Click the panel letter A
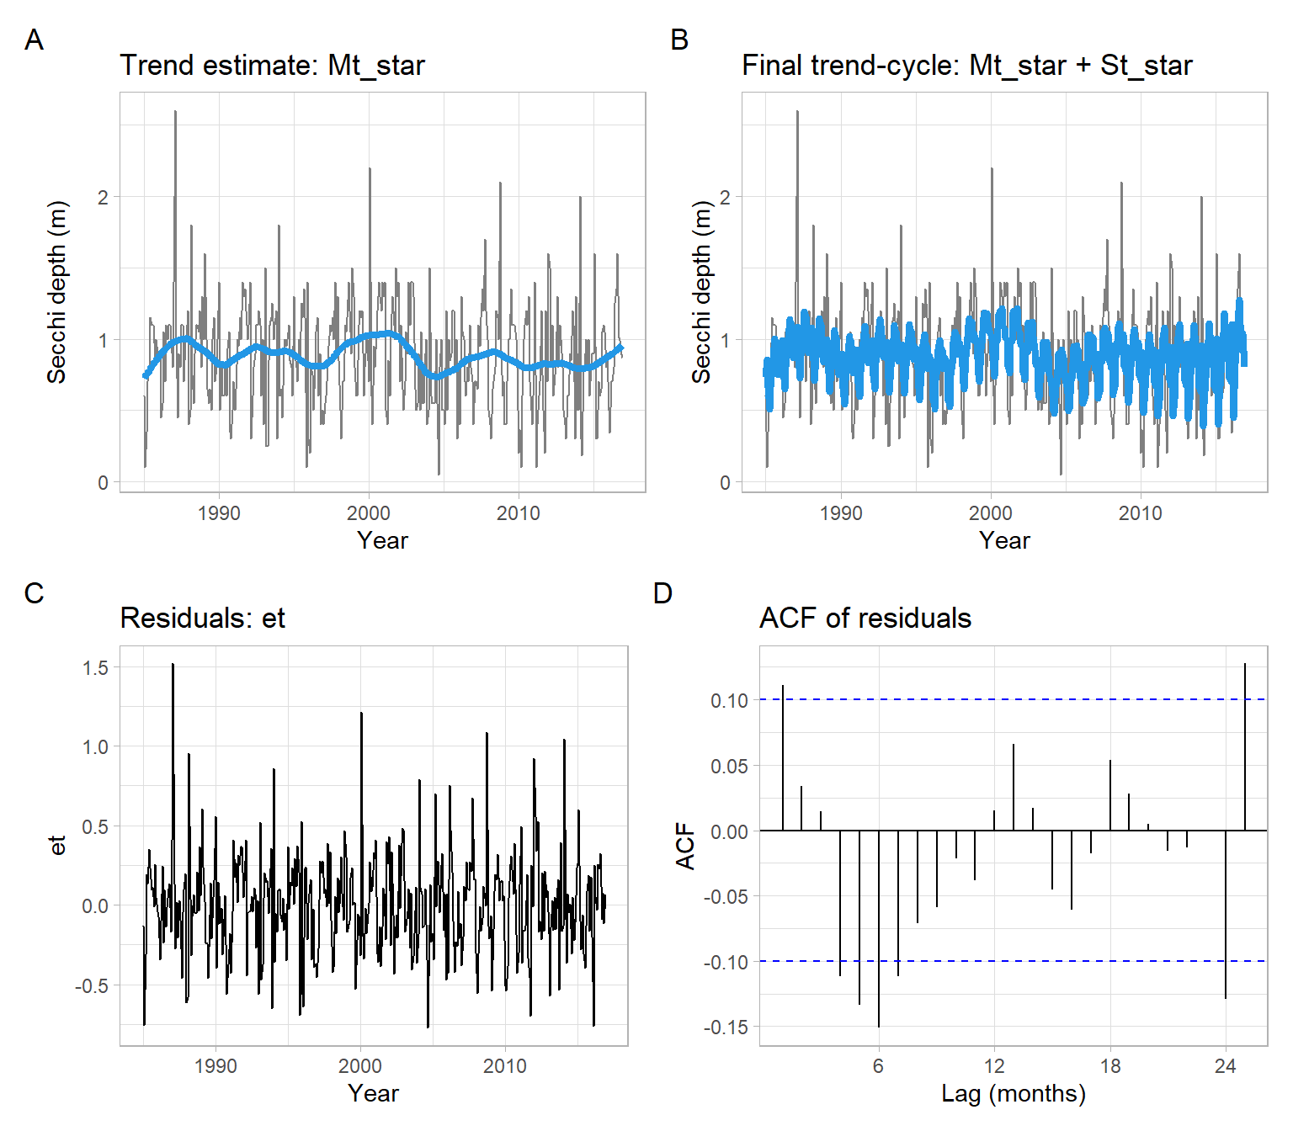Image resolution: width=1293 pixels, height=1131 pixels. click(x=34, y=40)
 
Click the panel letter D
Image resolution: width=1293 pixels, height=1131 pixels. click(x=662, y=593)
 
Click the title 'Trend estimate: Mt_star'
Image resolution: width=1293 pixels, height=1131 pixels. click(x=272, y=66)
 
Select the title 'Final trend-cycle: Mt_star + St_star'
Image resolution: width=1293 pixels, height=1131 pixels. click(x=966, y=66)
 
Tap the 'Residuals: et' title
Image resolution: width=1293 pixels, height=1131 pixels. click(x=202, y=619)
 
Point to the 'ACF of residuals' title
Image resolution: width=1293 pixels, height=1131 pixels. click(x=865, y=619)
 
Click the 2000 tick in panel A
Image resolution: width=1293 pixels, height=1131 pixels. click(x=369, y=513)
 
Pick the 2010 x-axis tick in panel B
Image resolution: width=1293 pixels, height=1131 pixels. click(x=1140, y=513)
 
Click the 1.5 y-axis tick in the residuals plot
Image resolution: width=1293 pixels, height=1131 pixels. click(x=95, y=668)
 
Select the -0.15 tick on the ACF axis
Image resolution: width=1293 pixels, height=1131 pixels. click(x=725, y=1027)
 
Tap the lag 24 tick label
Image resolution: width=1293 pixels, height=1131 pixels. click(x=1225, y=1067)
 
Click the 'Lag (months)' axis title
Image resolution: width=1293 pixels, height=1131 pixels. click(x=1013, y=1094)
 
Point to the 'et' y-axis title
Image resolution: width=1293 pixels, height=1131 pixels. click(x=57, y=846)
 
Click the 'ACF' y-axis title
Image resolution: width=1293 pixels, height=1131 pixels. click(x=686, y=846)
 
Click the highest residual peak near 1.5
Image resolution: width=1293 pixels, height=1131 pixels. click(x=173, y=666)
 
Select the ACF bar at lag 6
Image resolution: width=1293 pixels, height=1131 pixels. click(x=879, y=926)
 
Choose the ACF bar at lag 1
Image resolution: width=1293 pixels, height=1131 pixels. click(x=783, y=757)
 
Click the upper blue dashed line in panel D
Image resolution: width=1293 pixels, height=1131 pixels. click(x=1010, y=699)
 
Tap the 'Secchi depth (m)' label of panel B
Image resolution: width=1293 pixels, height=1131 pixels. click(x=700, y=293)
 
